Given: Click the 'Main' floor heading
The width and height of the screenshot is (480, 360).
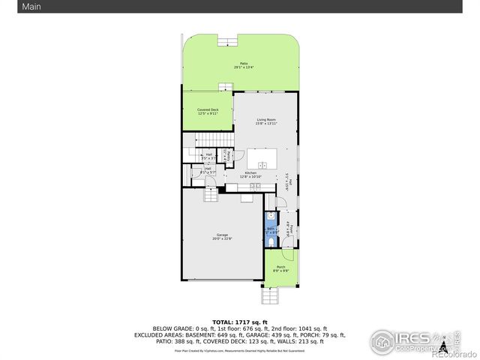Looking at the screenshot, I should click(x=11, y=7).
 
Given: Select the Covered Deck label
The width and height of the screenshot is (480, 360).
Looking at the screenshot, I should click(x=208, y=112).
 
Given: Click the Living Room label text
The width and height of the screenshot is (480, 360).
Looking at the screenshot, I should click(x=266, y=121).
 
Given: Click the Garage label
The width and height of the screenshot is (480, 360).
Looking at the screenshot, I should click(x=223, y=237).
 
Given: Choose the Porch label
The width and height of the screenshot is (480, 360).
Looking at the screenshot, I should click(x=280, y=268).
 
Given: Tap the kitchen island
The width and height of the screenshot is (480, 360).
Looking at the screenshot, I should click(x=262, y=159).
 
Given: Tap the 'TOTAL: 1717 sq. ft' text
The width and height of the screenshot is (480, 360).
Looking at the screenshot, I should click(x=240, y=321).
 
